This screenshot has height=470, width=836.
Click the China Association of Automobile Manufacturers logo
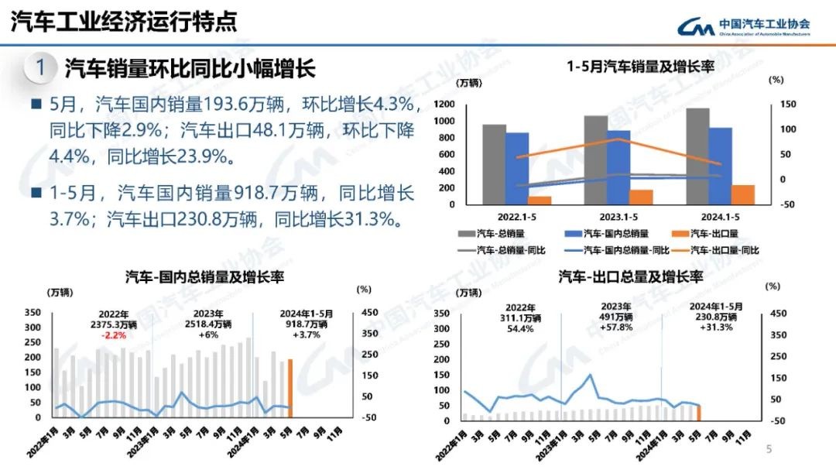click(743, 27)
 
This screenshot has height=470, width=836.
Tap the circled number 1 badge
click(39, 67)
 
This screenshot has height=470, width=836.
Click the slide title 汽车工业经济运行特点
click(124, 22)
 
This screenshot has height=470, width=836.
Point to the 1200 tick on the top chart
click(444, 104)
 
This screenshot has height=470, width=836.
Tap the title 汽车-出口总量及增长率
click(630, 276)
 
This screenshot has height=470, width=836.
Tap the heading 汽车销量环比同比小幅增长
click(190, 67)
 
